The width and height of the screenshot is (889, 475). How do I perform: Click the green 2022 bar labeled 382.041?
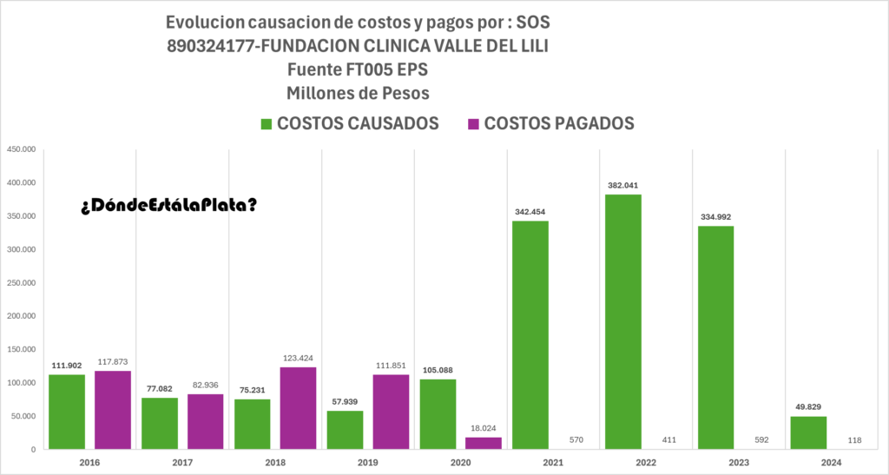(x=622, y=321)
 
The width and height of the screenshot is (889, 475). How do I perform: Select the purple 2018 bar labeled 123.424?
(x=298, y=408)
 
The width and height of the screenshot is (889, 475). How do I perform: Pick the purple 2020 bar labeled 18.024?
(x=484, y=443)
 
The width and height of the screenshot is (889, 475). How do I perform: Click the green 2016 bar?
(x=67, y=412)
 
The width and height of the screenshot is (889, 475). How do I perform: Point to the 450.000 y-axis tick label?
(x=20, y=149)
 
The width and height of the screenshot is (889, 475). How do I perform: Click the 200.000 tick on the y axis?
(x=20, y=316)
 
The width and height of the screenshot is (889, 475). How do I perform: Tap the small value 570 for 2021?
(x=576, y=440)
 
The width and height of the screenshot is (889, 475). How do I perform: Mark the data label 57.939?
(x=345, y=402)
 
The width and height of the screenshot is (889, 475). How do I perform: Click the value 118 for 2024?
(x=853, y=440)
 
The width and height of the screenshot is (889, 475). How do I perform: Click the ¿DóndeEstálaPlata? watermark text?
(x=169, y=205)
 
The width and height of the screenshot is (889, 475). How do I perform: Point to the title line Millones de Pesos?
(x=359, y=92)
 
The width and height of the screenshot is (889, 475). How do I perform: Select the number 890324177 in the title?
(x=211, y=47)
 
